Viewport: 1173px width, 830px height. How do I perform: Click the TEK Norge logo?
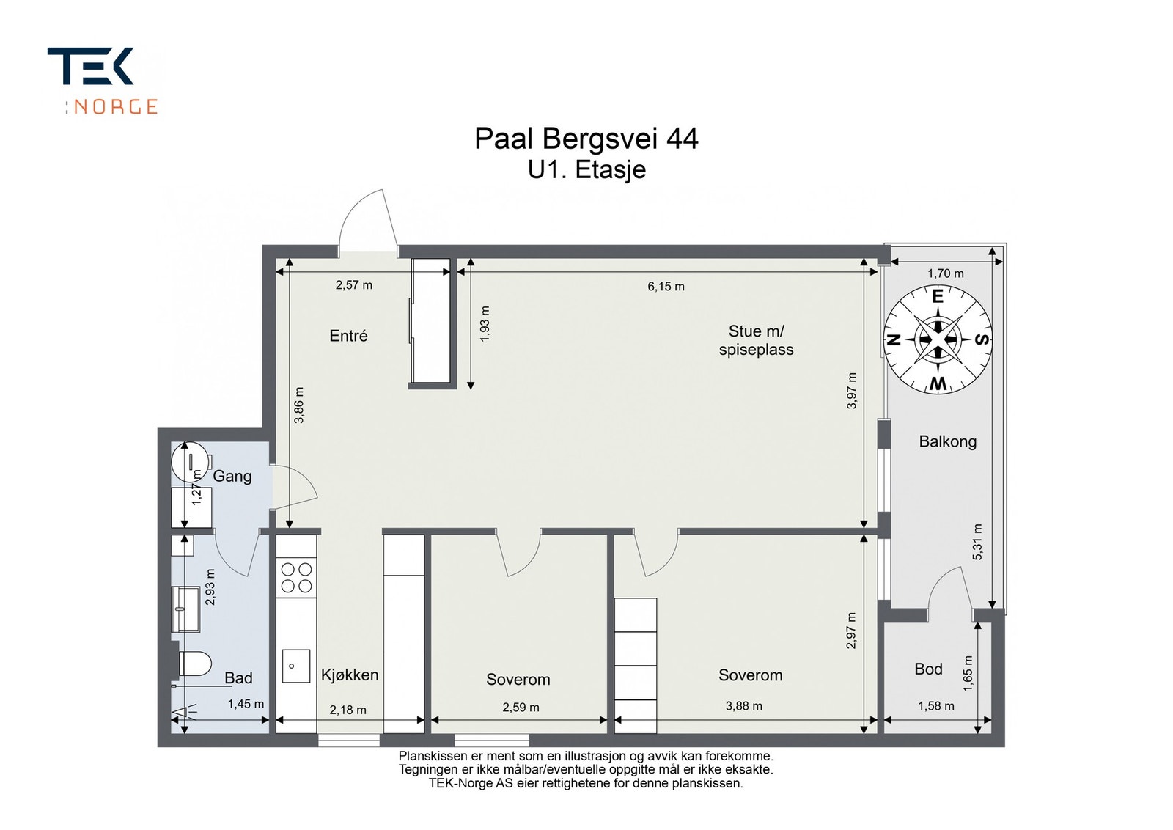[x=102, y=80]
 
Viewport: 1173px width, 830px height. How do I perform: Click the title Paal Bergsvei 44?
[x=586, y=139]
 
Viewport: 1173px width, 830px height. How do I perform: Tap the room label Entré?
[x=348, y=336]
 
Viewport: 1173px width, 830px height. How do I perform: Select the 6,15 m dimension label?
[x=666, y=287]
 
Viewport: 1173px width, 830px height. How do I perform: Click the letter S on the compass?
[x=982, y=339]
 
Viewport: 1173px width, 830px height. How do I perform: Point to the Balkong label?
[x=947, y=441]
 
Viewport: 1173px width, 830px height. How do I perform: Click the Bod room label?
[x=928, y=669]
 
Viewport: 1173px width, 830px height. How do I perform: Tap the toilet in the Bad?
[x=194, y=664]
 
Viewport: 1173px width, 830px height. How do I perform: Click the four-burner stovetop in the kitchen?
[x=297, y=576]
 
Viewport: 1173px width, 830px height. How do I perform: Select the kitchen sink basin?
[x=295, y=666]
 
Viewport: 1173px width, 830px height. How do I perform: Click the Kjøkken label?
[x=350, y=675]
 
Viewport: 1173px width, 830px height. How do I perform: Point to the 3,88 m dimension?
[x=743, y=706]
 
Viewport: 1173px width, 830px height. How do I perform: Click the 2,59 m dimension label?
[x=521, y=708]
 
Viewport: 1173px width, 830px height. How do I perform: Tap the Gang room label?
[x=232, y=477]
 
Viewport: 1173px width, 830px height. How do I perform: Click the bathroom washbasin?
[x=186, y=608]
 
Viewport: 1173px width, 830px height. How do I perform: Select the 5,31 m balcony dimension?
[x=977, y=542]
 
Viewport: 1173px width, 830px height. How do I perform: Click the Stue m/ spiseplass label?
[x=756, y=340]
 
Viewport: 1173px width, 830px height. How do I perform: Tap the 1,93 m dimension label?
[x=485, y=323]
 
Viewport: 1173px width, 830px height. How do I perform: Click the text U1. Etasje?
[x=586, y=170]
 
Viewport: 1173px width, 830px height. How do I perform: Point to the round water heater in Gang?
[x=188, y=459]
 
